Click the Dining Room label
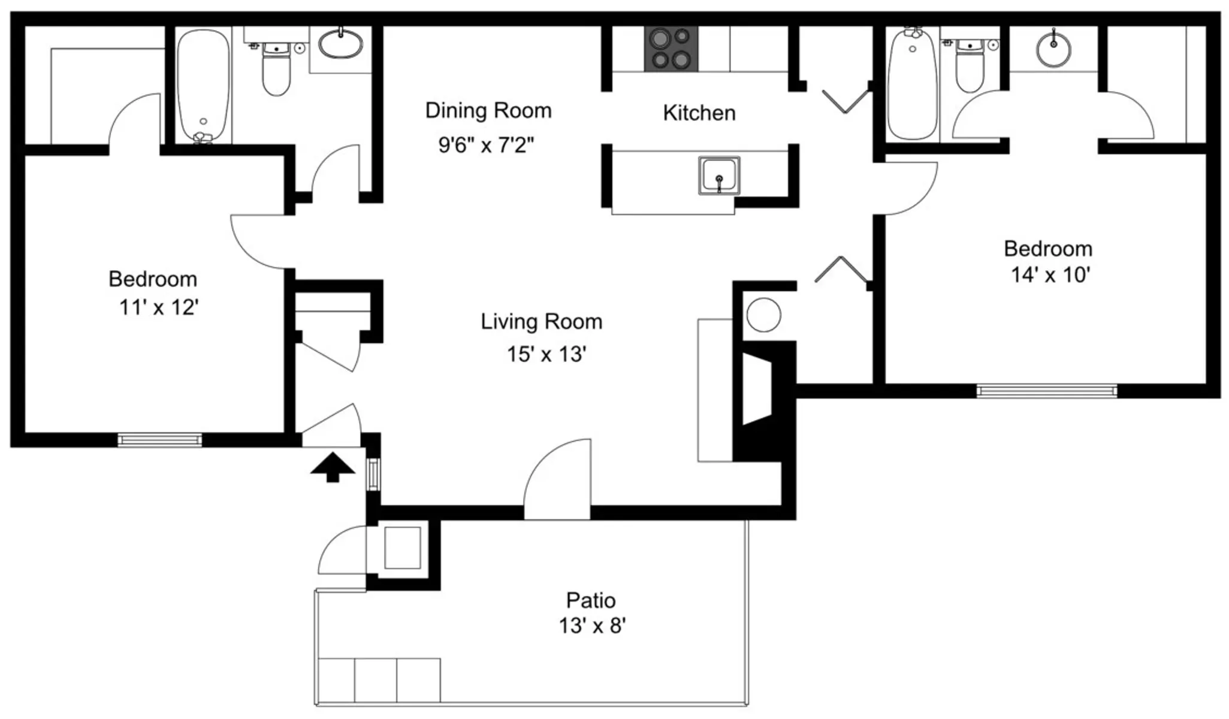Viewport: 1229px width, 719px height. click(488, 111)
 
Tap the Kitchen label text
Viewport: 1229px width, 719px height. click(699, 113)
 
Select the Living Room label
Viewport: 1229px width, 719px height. click(541, 322)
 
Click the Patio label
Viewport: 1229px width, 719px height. click(591, 600)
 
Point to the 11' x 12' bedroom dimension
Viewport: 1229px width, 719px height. click(159, 307)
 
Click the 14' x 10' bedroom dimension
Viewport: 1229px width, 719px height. click(1050, 275)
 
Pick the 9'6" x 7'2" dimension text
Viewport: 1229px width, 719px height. click(486, 145)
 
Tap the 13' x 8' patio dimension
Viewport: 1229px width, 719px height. click(592, 626)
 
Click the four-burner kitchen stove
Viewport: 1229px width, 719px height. click(671, 49)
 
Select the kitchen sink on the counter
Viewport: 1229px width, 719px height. click(719, 176)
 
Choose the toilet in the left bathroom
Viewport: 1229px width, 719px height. click(276, 70)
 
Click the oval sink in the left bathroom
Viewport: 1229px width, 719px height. click(340, 43)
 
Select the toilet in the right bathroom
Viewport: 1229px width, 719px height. click(970, 66)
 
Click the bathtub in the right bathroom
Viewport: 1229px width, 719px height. click(912, 84)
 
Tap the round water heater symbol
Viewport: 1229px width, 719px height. click(763, 315)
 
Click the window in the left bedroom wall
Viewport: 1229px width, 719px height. click(159, 440)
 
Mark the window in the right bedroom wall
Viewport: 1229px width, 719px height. click(1047, 391)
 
